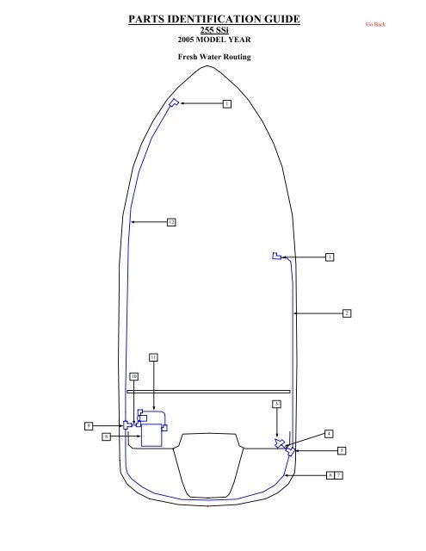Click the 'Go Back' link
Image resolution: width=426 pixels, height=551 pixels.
(375, 25)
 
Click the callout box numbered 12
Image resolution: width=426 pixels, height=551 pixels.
(171, 222)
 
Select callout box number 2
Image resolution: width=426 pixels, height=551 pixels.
(346, 312)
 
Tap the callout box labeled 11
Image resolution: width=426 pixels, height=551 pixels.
(153, 356)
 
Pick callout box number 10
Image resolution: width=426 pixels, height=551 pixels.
(134, 376)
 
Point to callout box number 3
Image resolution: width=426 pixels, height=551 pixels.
(275, 403)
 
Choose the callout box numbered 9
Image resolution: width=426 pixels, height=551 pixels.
(88, 425)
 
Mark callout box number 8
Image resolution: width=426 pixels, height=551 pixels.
(105, 437)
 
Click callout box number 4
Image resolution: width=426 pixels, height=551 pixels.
(329, 433)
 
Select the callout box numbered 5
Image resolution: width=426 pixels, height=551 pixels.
(342, 449)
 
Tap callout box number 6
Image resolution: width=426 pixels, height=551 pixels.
(331, 474)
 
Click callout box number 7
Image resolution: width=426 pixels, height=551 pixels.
(340, 474)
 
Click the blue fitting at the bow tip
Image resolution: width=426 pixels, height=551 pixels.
(174, 103)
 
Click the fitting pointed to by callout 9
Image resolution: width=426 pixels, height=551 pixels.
(127, 425)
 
